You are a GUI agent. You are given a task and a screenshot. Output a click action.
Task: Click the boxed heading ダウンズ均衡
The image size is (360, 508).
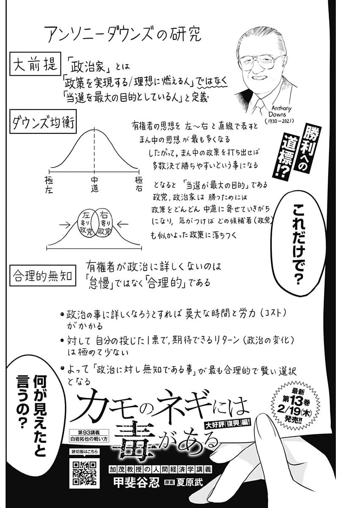42,124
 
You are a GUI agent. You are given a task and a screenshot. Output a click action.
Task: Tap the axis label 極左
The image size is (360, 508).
49,185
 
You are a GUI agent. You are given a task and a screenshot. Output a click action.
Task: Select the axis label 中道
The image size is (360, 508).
94,185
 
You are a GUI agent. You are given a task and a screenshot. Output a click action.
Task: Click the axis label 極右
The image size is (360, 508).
139,185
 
